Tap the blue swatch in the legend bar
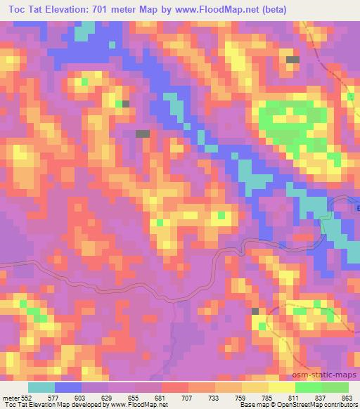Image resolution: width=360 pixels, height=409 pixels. [68, 387]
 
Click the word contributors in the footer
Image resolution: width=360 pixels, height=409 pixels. [340, 405]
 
